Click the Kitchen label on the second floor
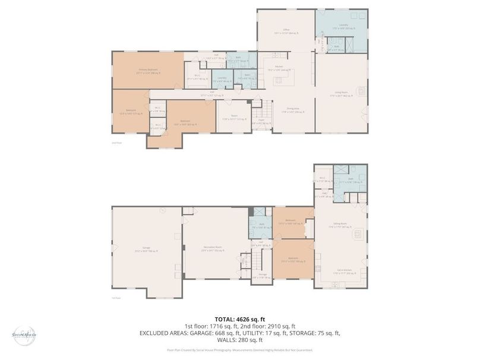point(279,68)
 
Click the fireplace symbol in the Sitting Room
point(358,233)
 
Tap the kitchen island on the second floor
point(284,78)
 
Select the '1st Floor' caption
point(117,298)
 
